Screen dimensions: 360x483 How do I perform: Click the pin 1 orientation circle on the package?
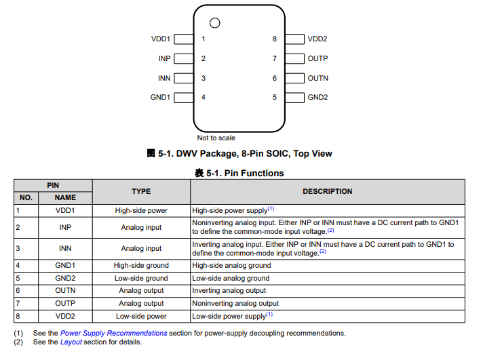[x=215, y=23]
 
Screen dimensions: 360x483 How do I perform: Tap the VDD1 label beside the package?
[x=161, y=39]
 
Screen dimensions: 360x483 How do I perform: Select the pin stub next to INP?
[x=183, y=59]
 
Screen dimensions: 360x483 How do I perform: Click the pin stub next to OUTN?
[x=294, y=78]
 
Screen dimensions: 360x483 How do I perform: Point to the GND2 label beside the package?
[x=317, y=97]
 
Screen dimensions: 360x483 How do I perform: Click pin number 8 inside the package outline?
[x=275, y=39]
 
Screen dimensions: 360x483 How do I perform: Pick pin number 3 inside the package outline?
[x=204, y=78]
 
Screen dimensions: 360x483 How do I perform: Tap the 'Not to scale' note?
[x=216, y=138]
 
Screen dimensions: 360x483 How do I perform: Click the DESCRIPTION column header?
[x=327, y=191]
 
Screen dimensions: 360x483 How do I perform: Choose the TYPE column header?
[x=141, y=191]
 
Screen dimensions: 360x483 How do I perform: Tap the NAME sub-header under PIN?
[x=65, y=197]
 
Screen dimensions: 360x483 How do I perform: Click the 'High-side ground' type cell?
[x=141, y=266]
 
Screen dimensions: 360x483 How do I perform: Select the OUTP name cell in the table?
[x=65, y=303]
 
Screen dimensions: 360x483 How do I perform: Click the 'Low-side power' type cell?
[x=141, y=316]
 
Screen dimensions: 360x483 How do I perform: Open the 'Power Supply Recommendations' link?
[x=113, y=333]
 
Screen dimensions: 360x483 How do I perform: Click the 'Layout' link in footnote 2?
[x=71, y=342]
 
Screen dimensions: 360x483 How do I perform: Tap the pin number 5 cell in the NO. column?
[x=26, y=278]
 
